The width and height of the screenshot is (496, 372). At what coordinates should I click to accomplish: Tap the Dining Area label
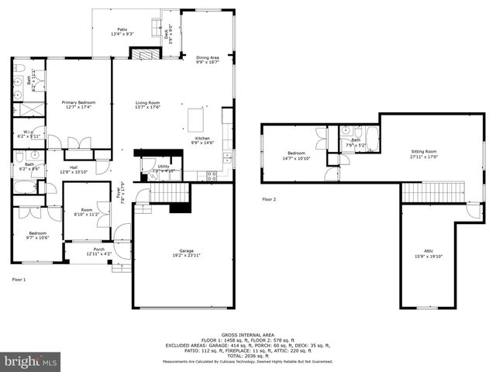[208, 59]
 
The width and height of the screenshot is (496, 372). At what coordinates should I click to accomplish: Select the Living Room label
[147, 105]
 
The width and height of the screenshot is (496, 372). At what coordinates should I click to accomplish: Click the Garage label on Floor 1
[187, 253]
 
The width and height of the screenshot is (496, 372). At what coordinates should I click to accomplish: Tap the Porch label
[99, 251]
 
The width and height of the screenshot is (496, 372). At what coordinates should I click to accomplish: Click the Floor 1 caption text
[19, 279]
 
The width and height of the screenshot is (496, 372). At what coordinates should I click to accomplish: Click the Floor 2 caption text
[269, 199]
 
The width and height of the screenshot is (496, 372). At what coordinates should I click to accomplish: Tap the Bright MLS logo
[31, 361]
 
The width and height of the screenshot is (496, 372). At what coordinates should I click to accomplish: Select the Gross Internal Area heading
[247, 335]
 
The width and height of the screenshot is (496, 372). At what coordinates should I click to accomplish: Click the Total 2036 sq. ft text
[247, 356]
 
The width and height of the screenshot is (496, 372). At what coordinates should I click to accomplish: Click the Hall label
[74, 169]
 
